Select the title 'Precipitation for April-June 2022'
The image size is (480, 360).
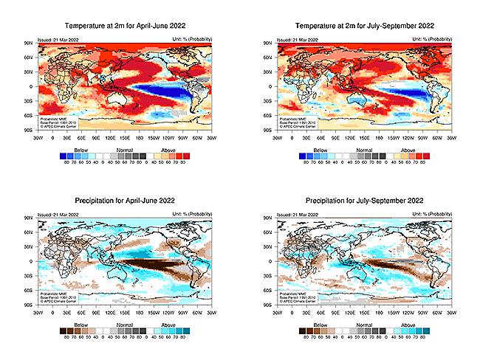(125, 201)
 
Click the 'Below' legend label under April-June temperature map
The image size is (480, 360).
(71, 148)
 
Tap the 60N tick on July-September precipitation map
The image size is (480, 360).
(267, 232)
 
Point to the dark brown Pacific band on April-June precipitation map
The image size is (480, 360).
(148, 263)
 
